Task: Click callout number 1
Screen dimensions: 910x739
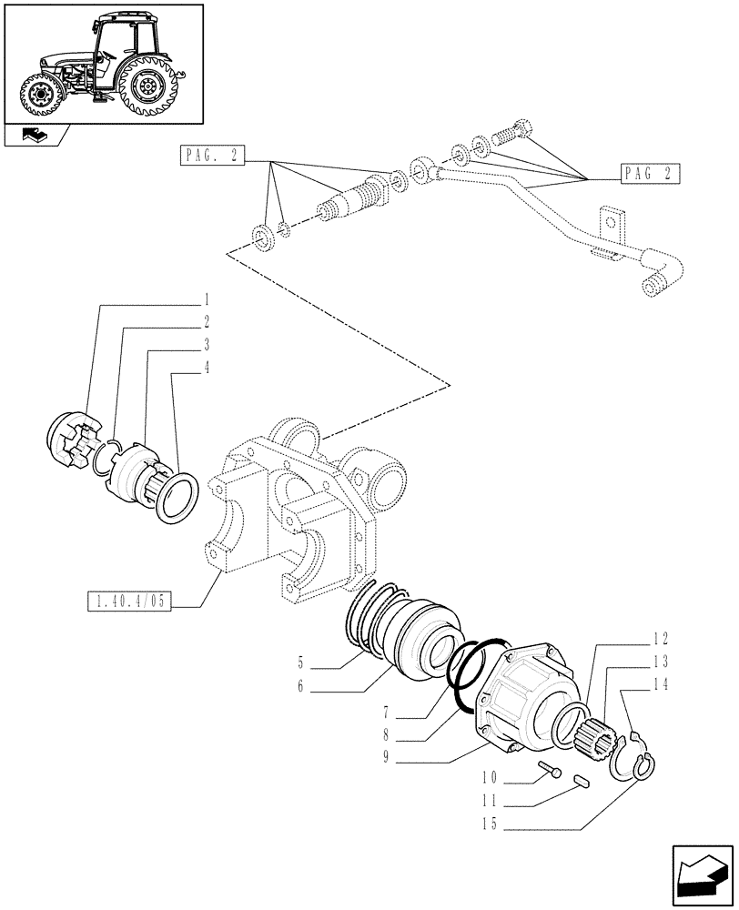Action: (x=208, y=299)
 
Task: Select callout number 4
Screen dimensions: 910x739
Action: (x=208, y=369)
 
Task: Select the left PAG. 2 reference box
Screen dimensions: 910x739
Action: (x=211, y=157)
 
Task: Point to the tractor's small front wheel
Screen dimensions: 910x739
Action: (x=40, y=94)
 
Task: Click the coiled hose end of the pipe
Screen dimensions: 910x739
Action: (x=651, y=288)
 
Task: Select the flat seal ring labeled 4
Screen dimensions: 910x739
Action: (x=173, y=499)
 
